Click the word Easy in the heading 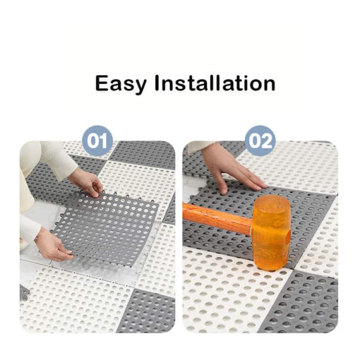(120, 84)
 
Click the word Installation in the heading (215, 83)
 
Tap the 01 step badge (97, 141)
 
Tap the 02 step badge (260, 141)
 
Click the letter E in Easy (102, 83)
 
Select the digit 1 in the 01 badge (103, 141)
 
